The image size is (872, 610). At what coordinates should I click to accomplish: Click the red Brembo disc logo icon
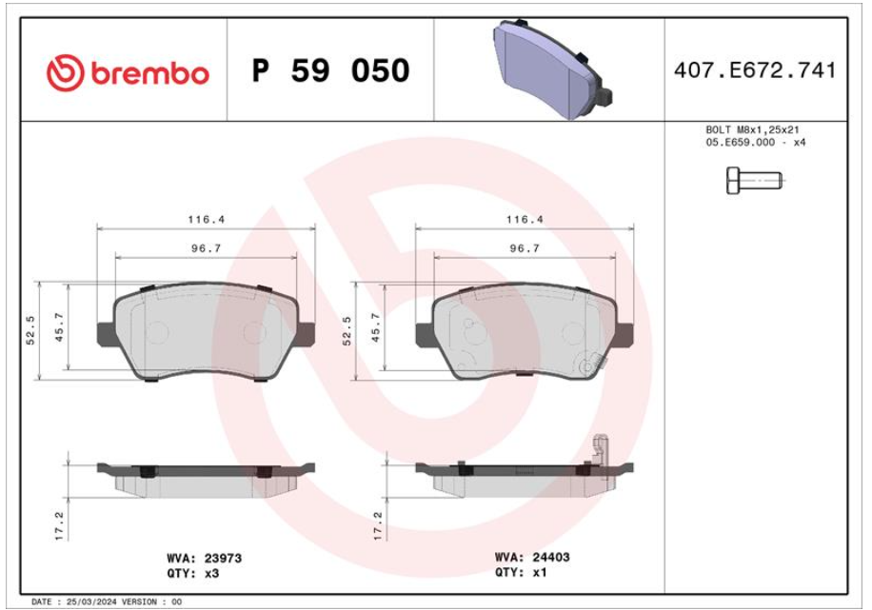click(65, 73)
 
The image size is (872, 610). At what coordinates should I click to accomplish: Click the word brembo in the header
click(149, 73)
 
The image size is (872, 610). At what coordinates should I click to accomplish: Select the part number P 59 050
click(331, 70)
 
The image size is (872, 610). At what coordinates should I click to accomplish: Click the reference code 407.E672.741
click(755, 70)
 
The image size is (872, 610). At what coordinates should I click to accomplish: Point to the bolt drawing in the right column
click(754, 180)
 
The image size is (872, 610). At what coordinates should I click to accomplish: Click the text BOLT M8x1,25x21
click(752, 129)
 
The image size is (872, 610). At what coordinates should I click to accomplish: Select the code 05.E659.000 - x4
click(755, 143)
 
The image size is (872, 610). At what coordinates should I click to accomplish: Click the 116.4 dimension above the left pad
click(206, 220)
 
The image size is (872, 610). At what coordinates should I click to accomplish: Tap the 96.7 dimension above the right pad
click(525, 248)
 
